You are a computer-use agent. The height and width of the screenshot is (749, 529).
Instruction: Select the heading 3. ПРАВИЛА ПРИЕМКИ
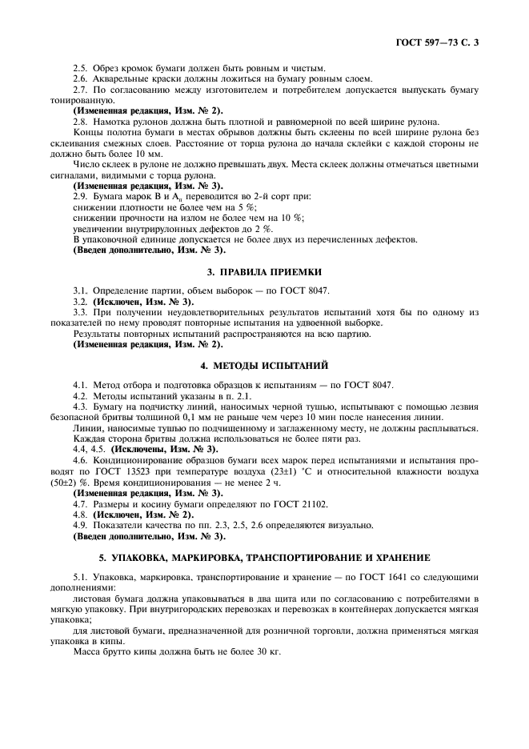click(x=264, y=272)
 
